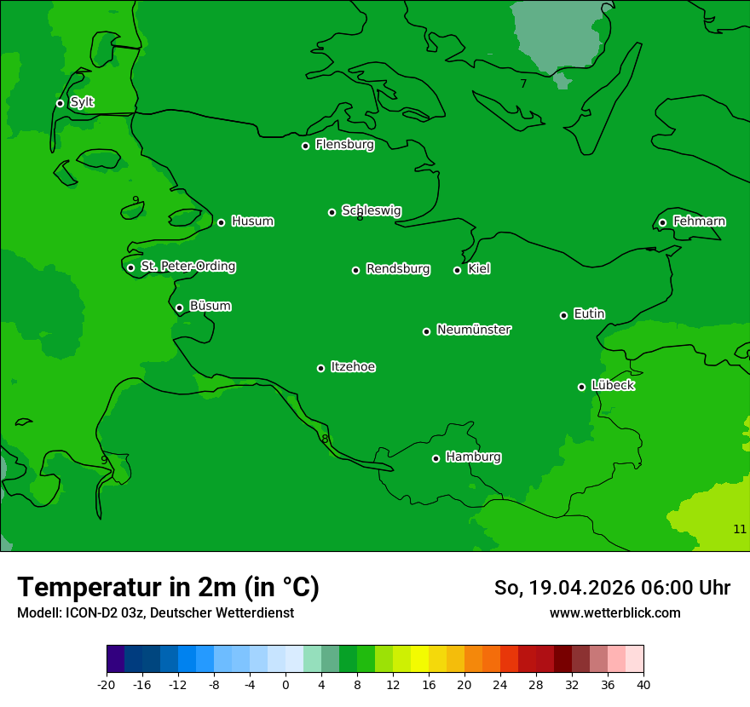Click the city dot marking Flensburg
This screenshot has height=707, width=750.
tap(305, 146)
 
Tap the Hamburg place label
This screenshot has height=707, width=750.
tap(473, 457)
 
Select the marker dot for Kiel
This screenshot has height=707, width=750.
tap(457, 270)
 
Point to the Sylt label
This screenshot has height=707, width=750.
tap(82, 102)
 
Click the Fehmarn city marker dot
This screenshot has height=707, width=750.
tap(662, 222)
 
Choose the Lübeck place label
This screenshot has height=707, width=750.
tap(612, 386)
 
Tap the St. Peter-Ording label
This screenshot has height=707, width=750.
tap(187, 267)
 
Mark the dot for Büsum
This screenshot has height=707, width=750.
tap(179, 308)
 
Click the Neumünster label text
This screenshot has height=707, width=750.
tap(473, 330)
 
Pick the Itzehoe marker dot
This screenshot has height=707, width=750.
tap(320, 368)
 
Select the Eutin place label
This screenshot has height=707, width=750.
tap(589, 314)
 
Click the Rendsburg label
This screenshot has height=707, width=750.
tap(397, 269)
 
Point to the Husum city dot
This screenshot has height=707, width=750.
tap(221, 222)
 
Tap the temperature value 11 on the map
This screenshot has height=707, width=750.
tap(739, 529)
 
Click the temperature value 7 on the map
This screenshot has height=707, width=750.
tap(523, 83)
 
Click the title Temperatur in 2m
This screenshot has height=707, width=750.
tap(168, 587)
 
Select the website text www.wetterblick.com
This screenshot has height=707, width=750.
tap(614, 612)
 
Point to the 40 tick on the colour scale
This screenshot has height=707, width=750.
tap(643, 684)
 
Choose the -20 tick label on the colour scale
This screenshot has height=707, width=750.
tap(107, 684)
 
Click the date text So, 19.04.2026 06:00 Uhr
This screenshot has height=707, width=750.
tap(611, 588)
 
